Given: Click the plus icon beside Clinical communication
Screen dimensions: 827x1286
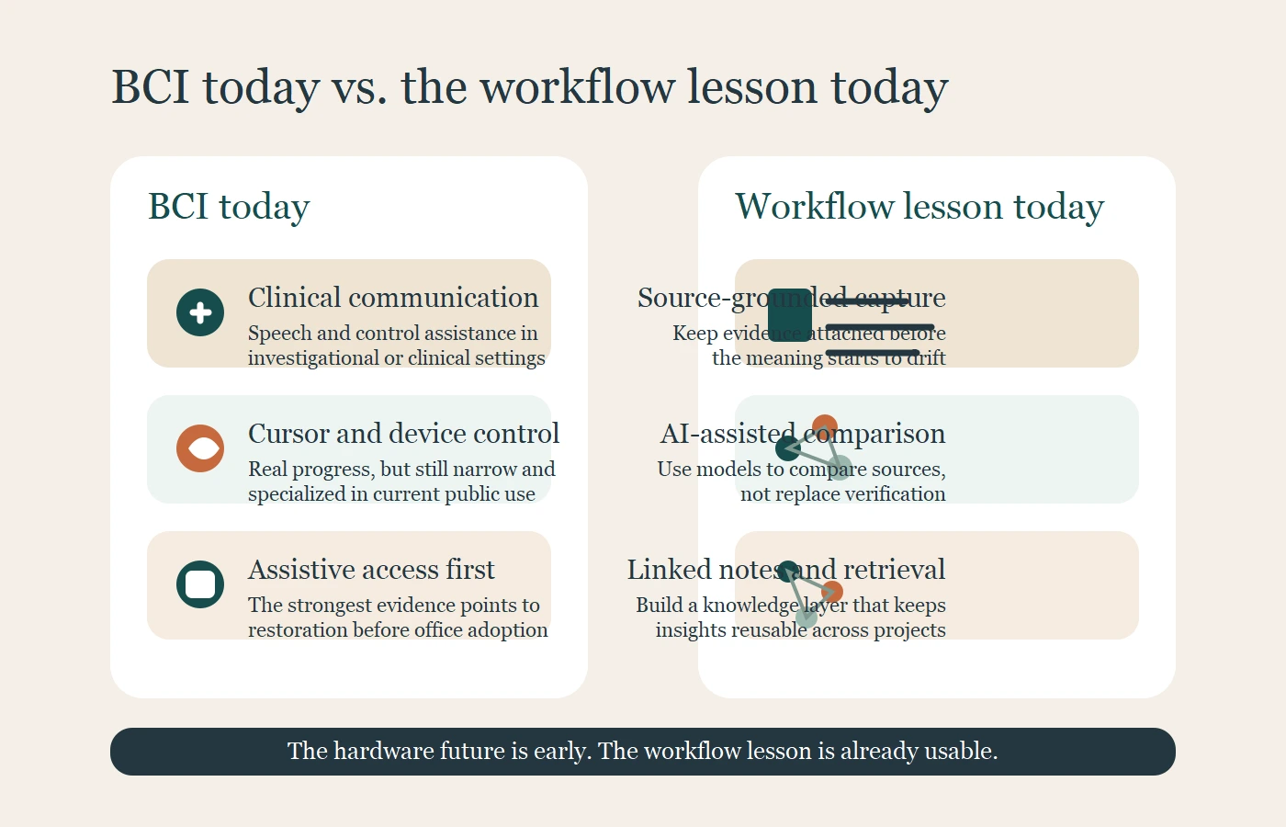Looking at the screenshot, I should [x=200, y=312].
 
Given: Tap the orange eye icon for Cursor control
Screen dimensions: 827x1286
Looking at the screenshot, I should [x=200, y=448].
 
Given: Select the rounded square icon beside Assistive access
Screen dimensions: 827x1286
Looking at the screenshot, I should [x=200, y=584].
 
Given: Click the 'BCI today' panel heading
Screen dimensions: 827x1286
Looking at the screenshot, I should [x=229, y=207].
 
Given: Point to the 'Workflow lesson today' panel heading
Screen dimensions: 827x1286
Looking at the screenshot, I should [x=919, y=207].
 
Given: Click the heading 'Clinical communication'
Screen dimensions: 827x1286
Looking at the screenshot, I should [x=393, y=298].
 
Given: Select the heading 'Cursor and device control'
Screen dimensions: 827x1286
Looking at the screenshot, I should [x=403, y=434].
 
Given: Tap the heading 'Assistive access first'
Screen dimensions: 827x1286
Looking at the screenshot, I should [x=371, y=570].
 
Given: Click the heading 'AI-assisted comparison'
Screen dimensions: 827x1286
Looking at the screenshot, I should [x=802, y=434].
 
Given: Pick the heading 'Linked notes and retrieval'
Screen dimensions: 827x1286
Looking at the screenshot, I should [x=785, y=570].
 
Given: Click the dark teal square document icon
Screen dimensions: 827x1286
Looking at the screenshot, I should [x=790, y=314].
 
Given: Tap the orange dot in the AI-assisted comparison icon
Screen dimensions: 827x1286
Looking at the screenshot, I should [x=825, y=426].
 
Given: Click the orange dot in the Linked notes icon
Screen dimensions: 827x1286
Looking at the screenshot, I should [x=832, y=592].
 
